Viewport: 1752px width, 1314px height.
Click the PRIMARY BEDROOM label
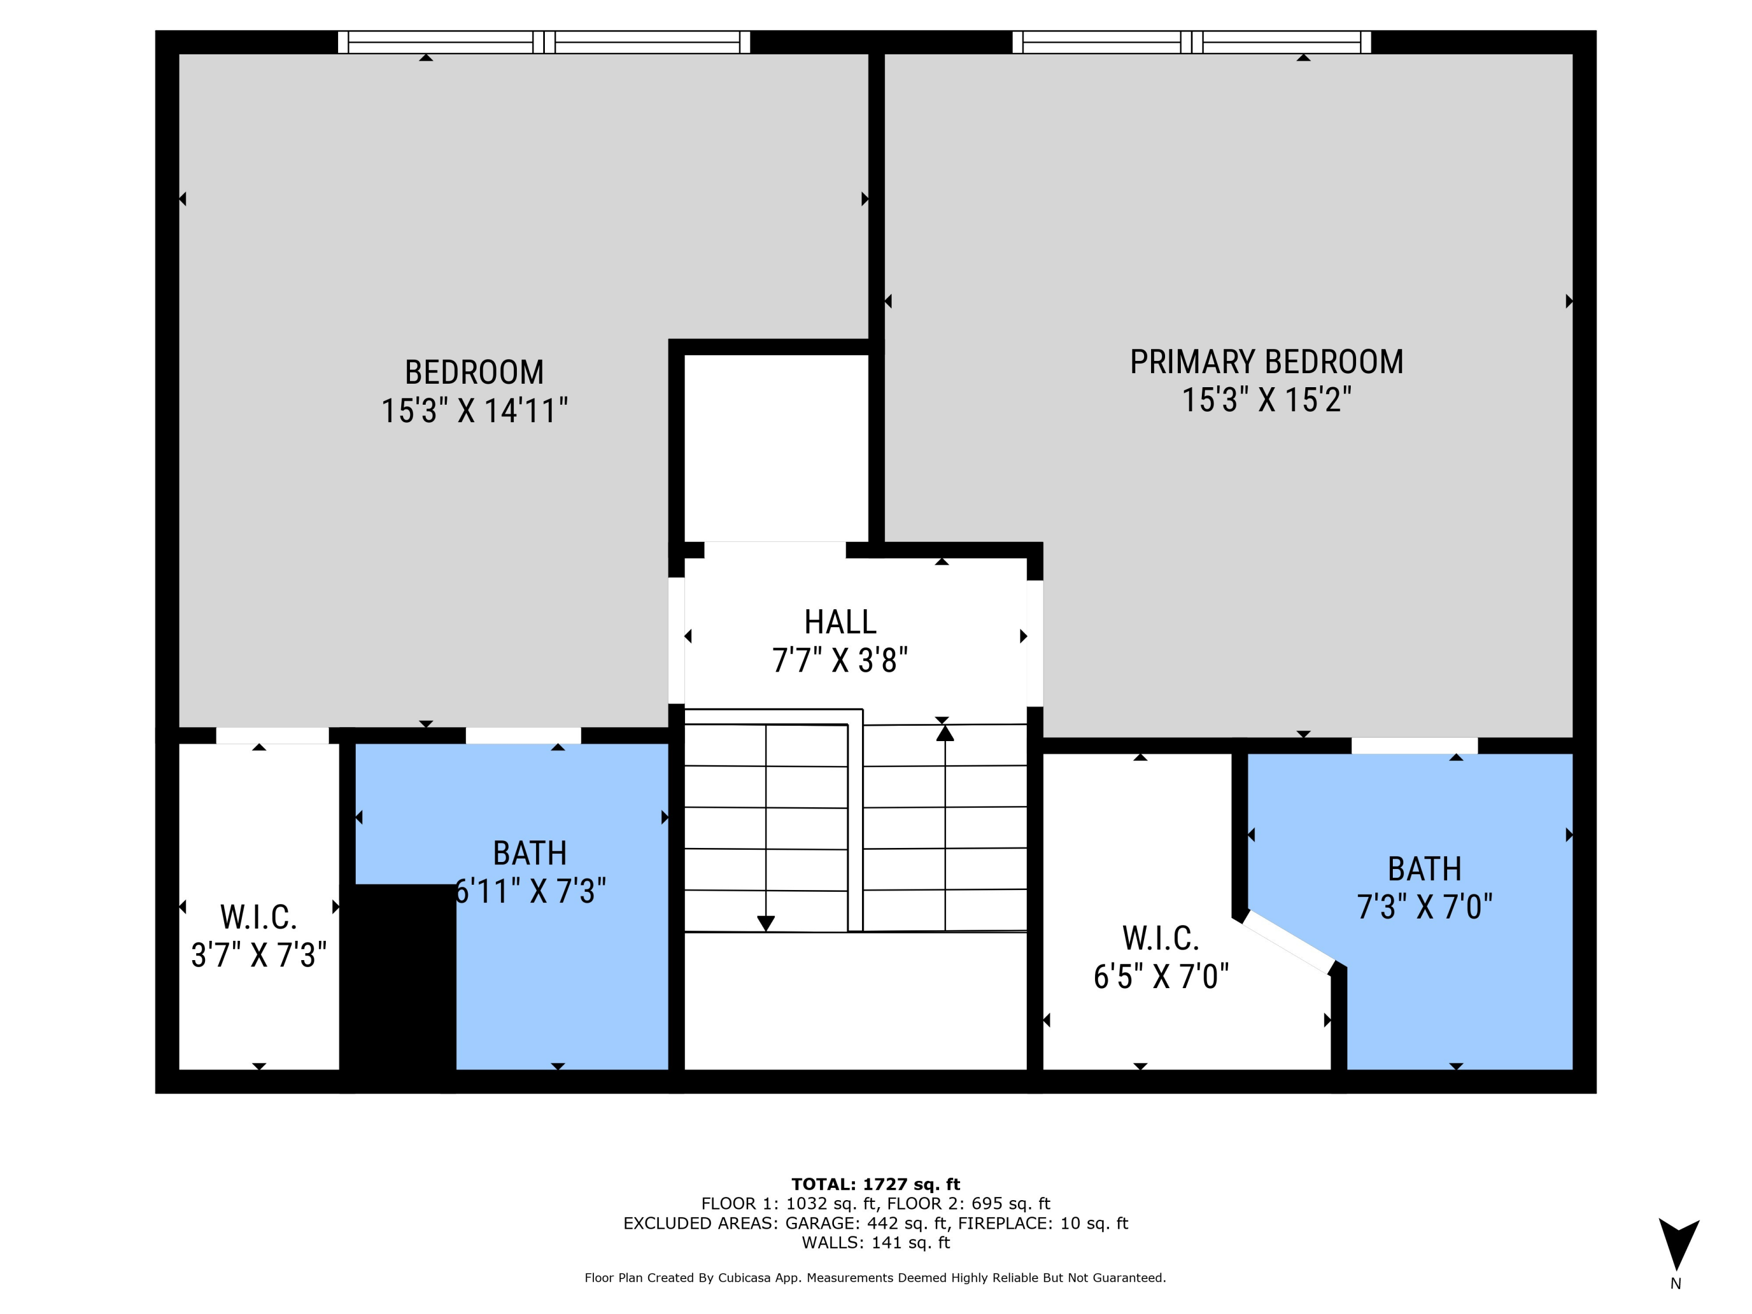[x=1266, y=362]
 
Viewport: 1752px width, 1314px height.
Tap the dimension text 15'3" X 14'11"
[x=474, y=411]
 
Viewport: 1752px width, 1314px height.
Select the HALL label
[x=840, y=622]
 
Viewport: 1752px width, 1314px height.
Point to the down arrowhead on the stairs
[x=765, y=923]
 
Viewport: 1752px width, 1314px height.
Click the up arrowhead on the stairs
[x=944, y=734]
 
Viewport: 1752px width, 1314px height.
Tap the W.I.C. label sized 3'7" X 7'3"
[x=258, y=917]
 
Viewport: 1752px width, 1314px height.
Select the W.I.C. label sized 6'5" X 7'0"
[x=1160, y=938]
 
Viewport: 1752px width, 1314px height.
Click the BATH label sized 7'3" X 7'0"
[x=1424, y=869]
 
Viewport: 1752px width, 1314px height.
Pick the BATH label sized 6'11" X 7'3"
[x=529, y=853]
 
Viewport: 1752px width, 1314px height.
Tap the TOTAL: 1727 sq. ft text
[x=875, y=1184]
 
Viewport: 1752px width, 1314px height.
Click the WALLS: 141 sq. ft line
[x=875, y=1242]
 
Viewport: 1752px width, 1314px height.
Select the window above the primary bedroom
[x=1191, y=42]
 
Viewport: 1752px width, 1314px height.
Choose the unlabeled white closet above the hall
[x=776, y=447]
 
